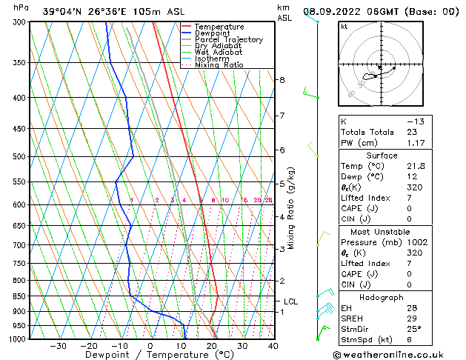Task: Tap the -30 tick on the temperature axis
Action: pyautogui.click(x=58, y=345)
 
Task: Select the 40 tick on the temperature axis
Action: pyautogui.click(x=273, y=345)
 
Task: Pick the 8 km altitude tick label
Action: pyautogui.click(x=282, y=79)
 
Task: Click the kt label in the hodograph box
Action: pyautogui.click(x=344, y=27)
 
